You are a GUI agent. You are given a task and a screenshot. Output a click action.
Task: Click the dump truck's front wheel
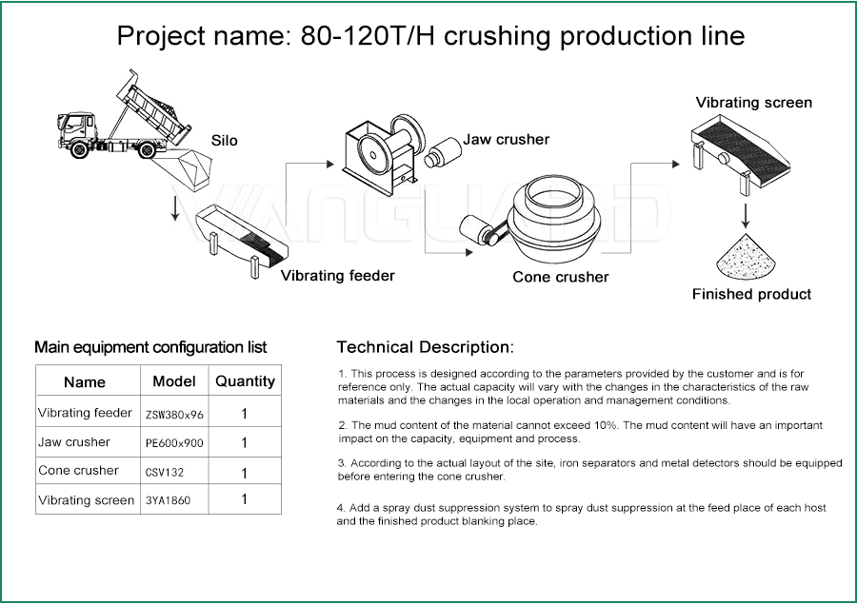[x=79, y=149]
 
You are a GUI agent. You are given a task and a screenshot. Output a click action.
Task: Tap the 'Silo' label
[x=224, y=141]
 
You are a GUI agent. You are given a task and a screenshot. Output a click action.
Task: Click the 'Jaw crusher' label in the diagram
[x=507, y=139]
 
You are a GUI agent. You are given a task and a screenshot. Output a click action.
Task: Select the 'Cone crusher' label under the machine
[x=560, y=277]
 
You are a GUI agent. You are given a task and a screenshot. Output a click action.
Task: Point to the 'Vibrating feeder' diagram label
[x=338, y=275]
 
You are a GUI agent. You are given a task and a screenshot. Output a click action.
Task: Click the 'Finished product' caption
[x=751, y=294]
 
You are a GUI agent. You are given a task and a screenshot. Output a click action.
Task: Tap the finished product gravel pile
[x=746, y=256]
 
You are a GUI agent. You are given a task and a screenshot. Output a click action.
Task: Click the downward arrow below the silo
[x=175, y=208]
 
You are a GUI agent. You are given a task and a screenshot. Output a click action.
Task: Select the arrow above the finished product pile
[x=745, y=216]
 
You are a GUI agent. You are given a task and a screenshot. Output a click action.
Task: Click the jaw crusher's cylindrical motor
[x=443, y=152]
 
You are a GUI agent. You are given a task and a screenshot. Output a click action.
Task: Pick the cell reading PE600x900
[x=174, y=443]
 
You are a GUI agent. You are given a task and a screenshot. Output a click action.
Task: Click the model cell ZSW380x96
[x=174, y=415]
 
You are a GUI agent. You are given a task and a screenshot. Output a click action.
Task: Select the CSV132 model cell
[x=174, y=472]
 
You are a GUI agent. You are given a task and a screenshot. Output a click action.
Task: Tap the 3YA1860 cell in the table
[x=174, y=499]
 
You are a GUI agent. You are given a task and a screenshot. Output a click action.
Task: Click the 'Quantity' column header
[x=245, y=381]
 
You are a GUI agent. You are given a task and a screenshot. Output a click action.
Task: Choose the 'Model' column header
[x=174, y=381]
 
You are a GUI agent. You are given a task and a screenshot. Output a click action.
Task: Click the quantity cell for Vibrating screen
[x=245, y=499]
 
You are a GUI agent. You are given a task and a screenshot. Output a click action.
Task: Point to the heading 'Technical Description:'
[x=426, y=347]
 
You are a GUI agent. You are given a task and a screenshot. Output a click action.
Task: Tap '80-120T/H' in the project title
[x=368, y=36]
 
